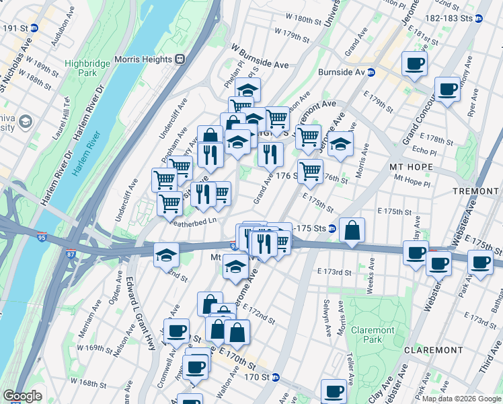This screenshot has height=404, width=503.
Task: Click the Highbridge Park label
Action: point(82,67)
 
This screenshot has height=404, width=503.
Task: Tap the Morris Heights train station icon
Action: point(180,59)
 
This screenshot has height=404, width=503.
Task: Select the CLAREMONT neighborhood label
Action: point(433,350)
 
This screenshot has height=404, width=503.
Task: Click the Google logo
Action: point(22,396)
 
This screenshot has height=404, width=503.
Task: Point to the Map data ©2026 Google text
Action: point(461,399)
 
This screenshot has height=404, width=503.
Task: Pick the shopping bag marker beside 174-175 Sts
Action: point(352,230)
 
